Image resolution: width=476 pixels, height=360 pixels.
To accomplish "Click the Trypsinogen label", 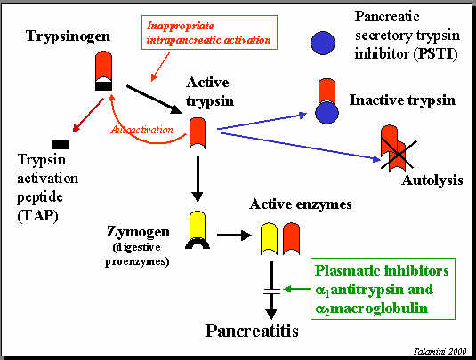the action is coord(68,36).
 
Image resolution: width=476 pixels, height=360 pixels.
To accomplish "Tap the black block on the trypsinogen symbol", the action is coord(103,85).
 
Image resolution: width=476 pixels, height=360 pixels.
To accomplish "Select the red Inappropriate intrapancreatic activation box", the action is coord(209,33).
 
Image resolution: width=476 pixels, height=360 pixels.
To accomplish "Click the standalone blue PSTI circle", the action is coord(323,43).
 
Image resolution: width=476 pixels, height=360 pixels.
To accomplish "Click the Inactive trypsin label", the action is coord(402,100).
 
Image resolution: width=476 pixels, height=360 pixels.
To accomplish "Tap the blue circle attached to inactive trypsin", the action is coord(327,112).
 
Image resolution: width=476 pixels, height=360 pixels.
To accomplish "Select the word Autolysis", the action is coord(432,180).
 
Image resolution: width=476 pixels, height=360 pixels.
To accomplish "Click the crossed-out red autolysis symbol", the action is coord(397,148).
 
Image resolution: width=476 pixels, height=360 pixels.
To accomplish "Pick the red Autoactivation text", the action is coord(142,130).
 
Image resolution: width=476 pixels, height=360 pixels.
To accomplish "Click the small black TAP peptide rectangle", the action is coord(61,145).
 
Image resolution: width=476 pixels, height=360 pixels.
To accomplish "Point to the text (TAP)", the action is coord(37,216).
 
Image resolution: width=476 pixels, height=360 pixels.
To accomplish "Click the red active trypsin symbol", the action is coord(198,133).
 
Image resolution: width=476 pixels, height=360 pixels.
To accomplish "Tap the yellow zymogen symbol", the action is coord(198,226).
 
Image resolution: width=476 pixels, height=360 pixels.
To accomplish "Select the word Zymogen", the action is coord(138,232).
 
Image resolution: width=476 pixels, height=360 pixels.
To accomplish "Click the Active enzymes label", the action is coord(301,204).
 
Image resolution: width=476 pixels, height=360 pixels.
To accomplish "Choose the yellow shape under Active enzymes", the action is coord(269,239).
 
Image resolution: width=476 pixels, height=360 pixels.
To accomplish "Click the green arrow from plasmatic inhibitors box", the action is coord(297,289).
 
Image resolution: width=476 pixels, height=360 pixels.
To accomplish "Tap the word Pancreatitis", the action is coord(252,331).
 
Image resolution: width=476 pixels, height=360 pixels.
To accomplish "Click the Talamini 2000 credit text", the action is coord(440,351).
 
